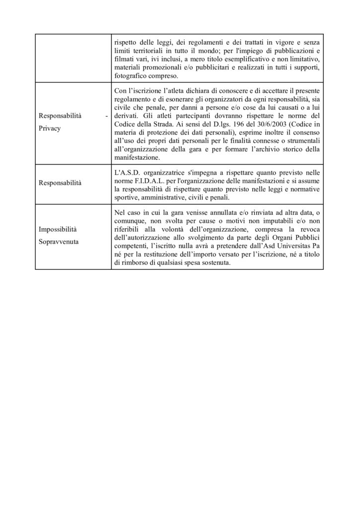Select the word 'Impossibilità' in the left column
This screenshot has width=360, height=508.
[56, 230]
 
